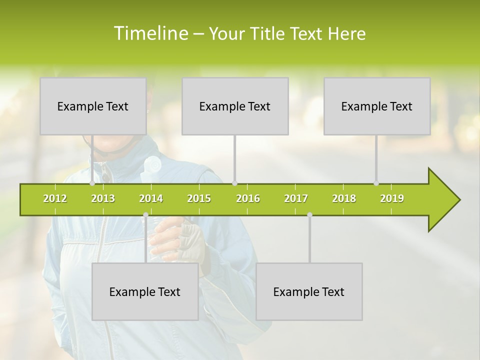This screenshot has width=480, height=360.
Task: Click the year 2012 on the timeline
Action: pyautogui.click(x=55, y=198)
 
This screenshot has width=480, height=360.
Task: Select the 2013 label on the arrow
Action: pyautogui.click(x=103, y=198)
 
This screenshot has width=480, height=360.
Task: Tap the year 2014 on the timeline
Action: pyautogui.click(x=151, y=198)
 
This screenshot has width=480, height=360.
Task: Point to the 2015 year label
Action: pyautogui.click(x=199, y=198)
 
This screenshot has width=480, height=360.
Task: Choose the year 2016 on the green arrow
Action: pyautogui.click(x=248, y=198)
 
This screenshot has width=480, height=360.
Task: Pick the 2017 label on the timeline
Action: pyautogui.click(x=296, y=198)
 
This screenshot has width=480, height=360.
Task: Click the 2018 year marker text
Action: pyautogui.click(x=344, y=198)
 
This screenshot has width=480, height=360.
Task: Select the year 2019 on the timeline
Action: pyautogui.click(x=392, y=198)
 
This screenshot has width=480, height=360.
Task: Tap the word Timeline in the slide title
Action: pyautogui.click(x=150, y=33)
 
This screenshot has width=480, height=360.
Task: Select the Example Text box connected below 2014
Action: pyautogui.click(x=145, y=291)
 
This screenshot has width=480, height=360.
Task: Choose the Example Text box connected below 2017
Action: pyautogui.click(x=309, y=291)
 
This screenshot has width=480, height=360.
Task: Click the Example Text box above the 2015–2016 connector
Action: pyautogui.click(x=235, y=106)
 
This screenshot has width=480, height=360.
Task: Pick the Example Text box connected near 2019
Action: pyautogui.click(x=377, y=106)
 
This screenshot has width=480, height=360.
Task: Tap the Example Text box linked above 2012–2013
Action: pyautogui.click(x=93, y=106)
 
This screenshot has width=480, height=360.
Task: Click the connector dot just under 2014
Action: pyautogui.click(x=145, y=215)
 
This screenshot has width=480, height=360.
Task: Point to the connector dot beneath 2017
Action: pyautogui.click(x=309, y=215)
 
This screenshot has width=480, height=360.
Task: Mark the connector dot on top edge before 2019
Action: pyautogui.click(x=376, y=183)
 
